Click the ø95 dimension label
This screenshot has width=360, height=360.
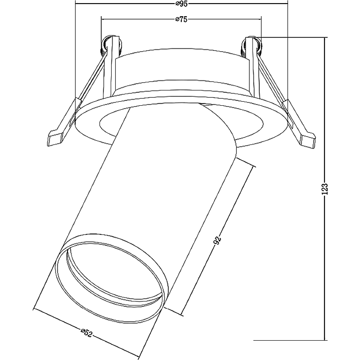tap(181, 4)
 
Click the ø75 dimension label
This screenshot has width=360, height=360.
tap(181, 19)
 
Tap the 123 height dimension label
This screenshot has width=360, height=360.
tap(324, 189)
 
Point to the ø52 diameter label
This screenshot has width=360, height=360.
tap(86, 333)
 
